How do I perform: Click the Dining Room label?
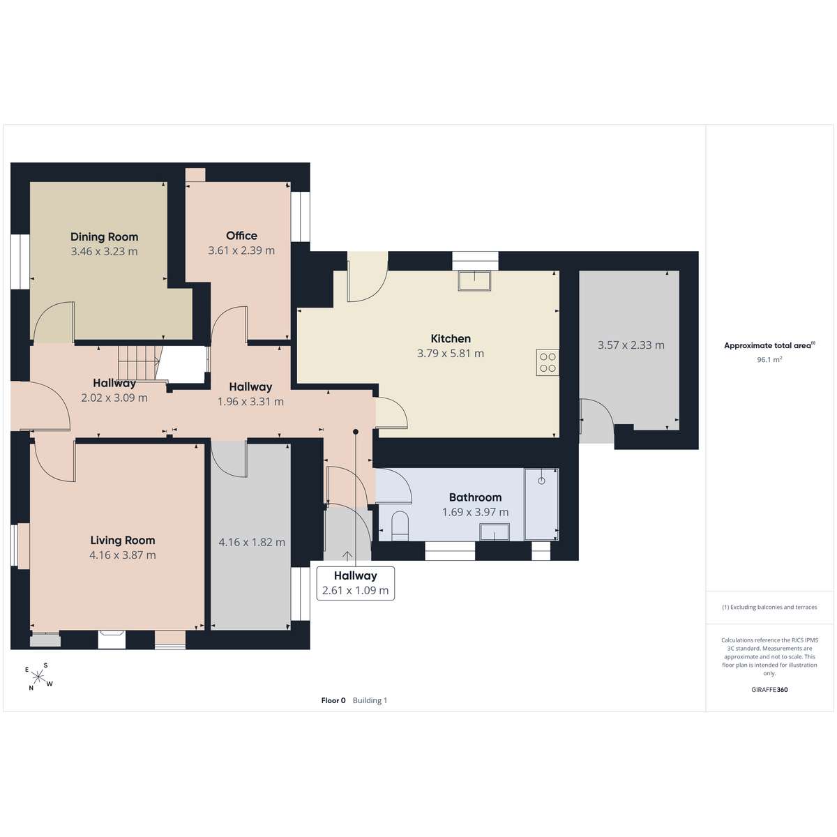pyautogui.click(x=104, y=236)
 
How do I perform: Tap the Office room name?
pyautogui.click(x=241, y=236)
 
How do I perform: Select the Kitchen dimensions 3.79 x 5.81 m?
pyautogui.click(x=451, y=354)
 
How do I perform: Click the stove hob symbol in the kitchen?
pyautogui.click(x=548, y=363)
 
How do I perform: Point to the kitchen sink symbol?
pyautogui.click(x=475, y=280)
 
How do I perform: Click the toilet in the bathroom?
pyautogui.click(x=400, y=526)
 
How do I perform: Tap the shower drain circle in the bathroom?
pyautogui.click(x=541, y=481)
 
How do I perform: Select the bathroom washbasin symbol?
pyautogui.click(x=495, y=532)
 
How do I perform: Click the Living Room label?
pyautogui.click(x=123, y=541)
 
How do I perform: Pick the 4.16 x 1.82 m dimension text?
pyautogui.click(x=252, y=542)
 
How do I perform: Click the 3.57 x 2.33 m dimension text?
pyautogui.click(x=631, y=345)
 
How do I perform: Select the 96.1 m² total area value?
pyautogui.click(x=769, y=360)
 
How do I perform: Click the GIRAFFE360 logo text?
pyautogui.click(x=769, y=689)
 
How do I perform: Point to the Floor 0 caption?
pyautogui.click(x=333, y=700)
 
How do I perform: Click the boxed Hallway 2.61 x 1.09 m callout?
pyautogui.click(x=355, y=583)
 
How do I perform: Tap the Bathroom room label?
pyautogui.click(x=475, y=497)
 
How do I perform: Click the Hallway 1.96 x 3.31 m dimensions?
pyautogui.click(x=250, y=402)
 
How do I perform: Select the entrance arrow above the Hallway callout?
pyautogui.click(x=347, y=556)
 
